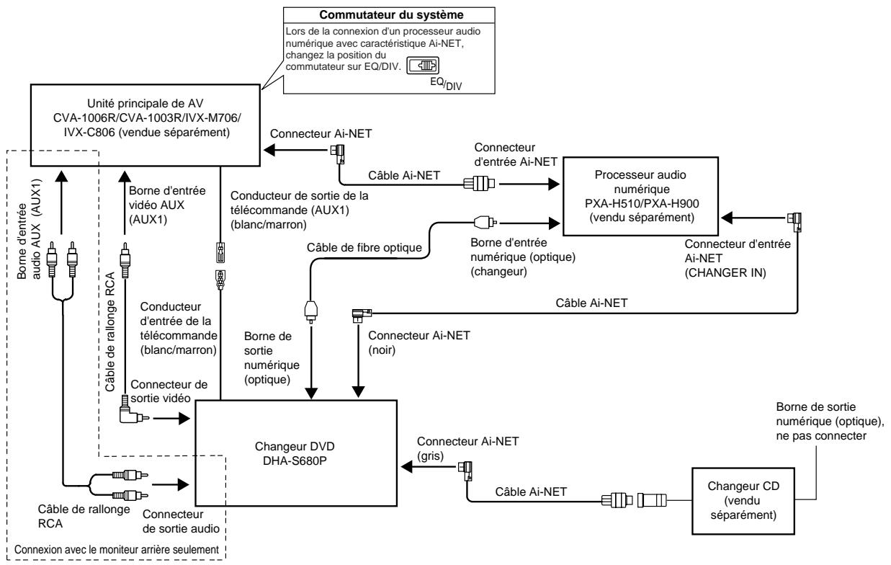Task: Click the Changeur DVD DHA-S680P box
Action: click(x=296, y=453)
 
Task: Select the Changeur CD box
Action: click(x=743, y=501)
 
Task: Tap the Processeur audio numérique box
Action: click(x=640, y=196)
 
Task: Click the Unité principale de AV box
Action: click(x=145, y=125)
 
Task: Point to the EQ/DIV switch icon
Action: click(x=422, y=66)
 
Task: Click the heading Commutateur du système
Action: click(x=391, y=15)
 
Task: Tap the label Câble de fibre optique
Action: click(x=364, y=247)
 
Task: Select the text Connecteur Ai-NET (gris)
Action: click(x=467, y=448)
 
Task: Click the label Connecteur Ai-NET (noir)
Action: click(x=419, y=342)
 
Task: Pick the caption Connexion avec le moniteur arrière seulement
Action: click(x=117, y=549)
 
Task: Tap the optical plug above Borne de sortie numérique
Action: click(x=311, y=311)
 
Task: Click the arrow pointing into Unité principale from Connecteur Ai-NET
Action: click(x=295, y=150)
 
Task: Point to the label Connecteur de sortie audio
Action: click(x=181, y=521)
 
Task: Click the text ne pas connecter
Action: click(x=821, y=436)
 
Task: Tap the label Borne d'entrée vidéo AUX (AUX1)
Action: click(x=167, y=205)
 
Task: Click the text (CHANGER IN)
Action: click(x=725, y=272)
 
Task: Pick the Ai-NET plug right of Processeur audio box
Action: click(x=794, y=222)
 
